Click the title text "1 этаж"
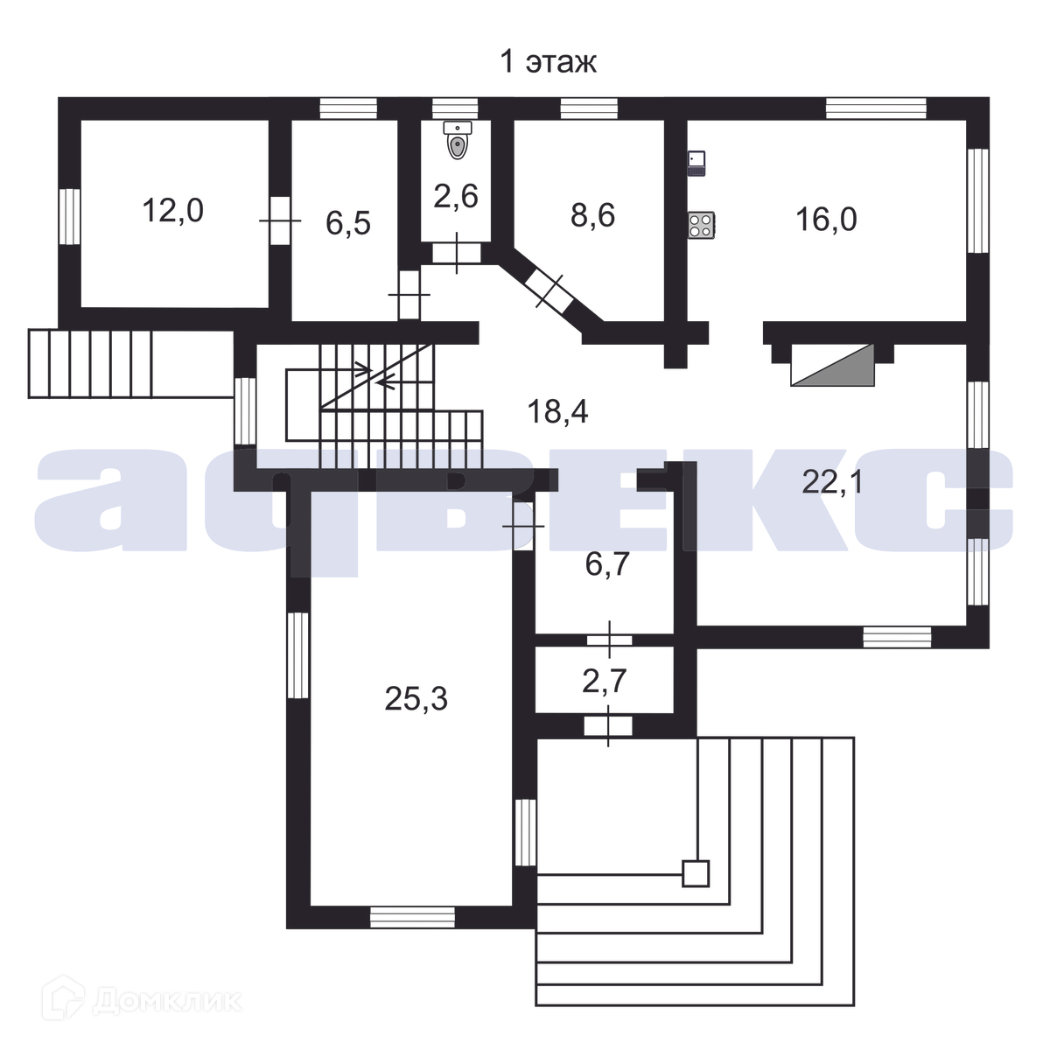pos(548,62)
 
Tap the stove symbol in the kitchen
pos(701,224)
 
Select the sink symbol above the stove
pos(696,163)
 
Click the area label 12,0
pos(172,211)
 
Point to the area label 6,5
pos(348,223)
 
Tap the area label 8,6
pos(592,215)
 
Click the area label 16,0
pos(826,219)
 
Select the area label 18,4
pos(557,409)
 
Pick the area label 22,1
pos(832,480)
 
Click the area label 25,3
pos(416,698)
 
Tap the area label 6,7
pos(607,565)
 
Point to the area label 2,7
pos(604,681)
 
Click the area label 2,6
pos(456,195)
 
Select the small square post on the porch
pos(696,873)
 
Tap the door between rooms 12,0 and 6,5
pos(280,220)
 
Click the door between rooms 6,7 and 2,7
pos(609,640)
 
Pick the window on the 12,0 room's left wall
pos(70,216)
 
